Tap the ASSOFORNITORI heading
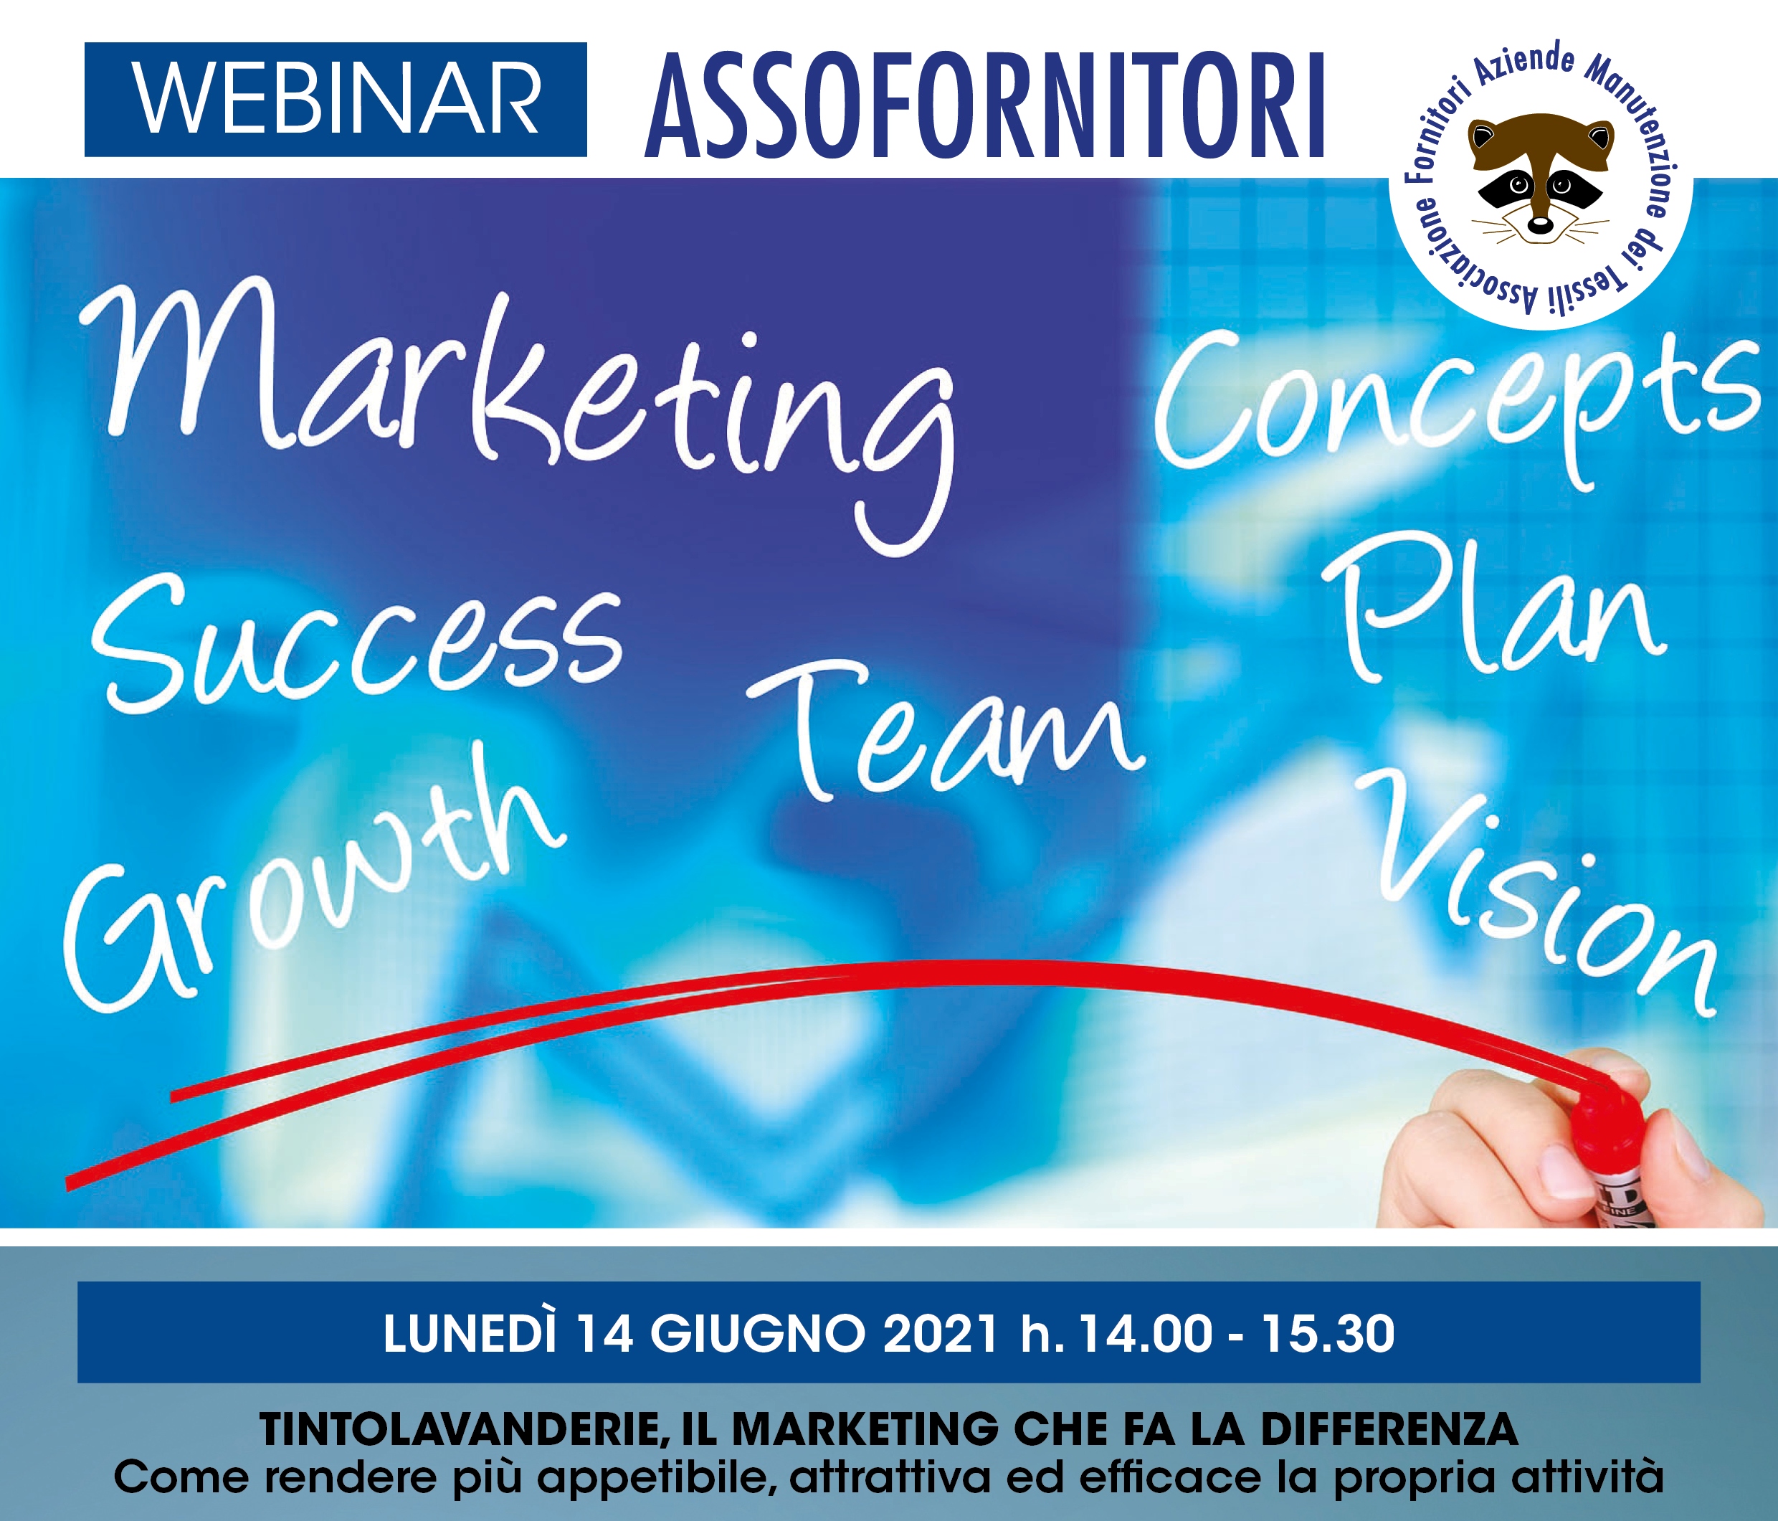coord(985,105)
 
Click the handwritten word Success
coord(357,648)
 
